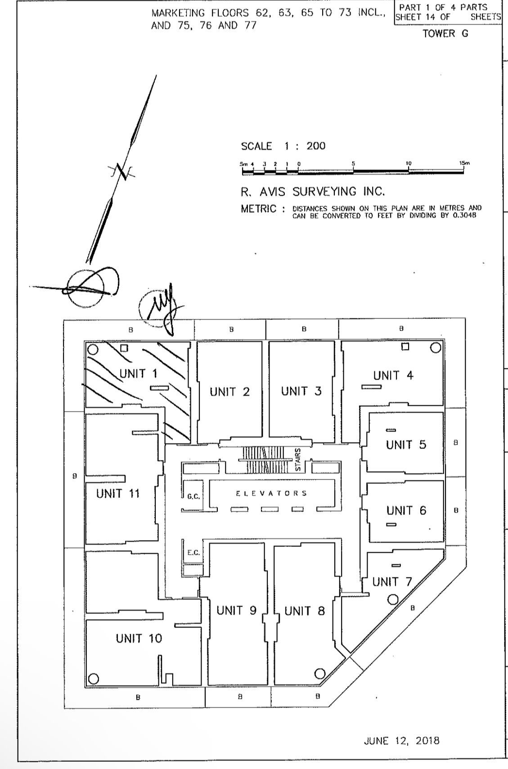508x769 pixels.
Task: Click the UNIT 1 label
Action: [x=139, y=373]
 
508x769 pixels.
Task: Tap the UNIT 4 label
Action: [x=393, y=375]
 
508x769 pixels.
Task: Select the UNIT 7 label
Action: [x=391, y=582]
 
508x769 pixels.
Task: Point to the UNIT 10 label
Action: [x=139, y=638]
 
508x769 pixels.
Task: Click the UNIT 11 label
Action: [x=118, y=493]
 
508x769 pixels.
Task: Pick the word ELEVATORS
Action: [x=271, y=493]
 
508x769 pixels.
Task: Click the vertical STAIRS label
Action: [x=298, y=459]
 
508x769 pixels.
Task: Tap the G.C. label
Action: [x=193, y=496]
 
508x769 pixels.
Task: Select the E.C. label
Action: [x=193, y=552]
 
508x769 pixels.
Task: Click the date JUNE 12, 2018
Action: [x=401, y=741]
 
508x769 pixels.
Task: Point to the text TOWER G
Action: [x=445, y=34]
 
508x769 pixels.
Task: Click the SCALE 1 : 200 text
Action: [x=283, y=146]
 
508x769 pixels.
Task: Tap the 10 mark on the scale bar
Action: [x=409, y=164]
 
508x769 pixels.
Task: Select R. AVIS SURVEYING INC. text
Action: [x=313, y=192]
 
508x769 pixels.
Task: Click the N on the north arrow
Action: [x=121, y=171]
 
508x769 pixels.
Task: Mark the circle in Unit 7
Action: [x=393, y=599]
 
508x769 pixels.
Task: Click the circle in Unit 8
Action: [x=319, y=673]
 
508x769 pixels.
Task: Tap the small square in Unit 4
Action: [x=405, y=346]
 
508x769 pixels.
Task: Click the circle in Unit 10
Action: [x=93, y=679]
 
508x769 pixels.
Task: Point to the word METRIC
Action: [x=258, y=209]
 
